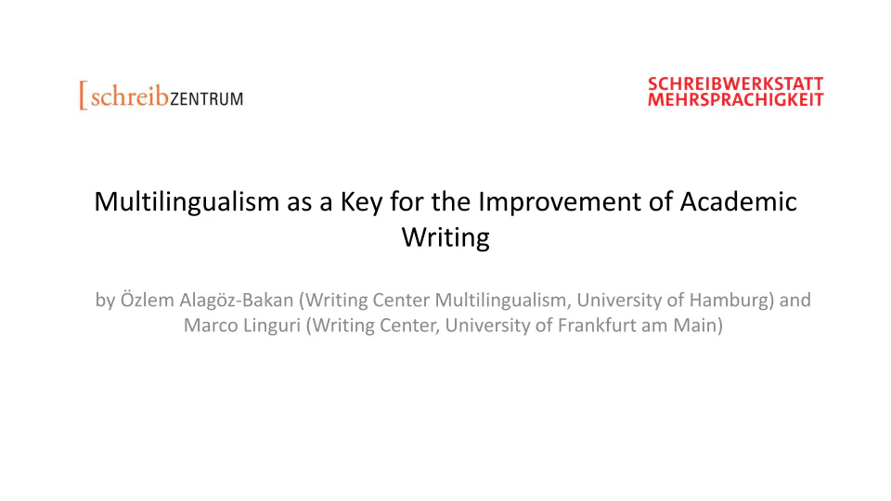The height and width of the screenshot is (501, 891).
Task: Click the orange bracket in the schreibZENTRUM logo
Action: click(x=83, y=96)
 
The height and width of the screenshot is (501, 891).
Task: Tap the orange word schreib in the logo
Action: click(x=130, y=96)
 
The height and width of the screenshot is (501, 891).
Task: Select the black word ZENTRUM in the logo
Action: click(x=207, y=99)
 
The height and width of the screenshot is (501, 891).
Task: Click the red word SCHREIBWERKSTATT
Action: click(x=735, y=84)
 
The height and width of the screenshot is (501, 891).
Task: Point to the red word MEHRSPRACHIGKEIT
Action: click(x=735, y=100)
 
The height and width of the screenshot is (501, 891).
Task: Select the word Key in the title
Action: click(x=361, y=203)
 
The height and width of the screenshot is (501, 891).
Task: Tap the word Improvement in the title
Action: click(x=560, y=203)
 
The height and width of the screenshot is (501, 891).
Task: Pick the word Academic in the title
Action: click(x=738, y=201)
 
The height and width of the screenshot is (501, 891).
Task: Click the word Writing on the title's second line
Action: click(x=445, y=238)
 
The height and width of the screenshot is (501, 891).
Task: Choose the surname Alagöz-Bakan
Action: click(x=237, y=301)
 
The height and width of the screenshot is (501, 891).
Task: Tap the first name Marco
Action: click(x=211, y=326)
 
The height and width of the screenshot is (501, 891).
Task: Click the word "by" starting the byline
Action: click(x=105, y=301)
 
